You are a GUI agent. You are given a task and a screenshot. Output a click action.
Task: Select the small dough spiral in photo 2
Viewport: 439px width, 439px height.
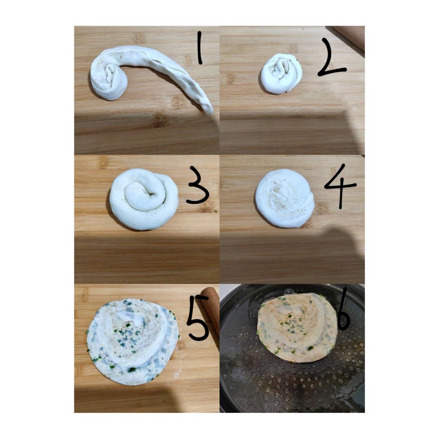(x=282, y=73)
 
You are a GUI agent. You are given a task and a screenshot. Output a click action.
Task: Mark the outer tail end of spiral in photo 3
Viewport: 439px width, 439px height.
(x=165, y=179)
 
